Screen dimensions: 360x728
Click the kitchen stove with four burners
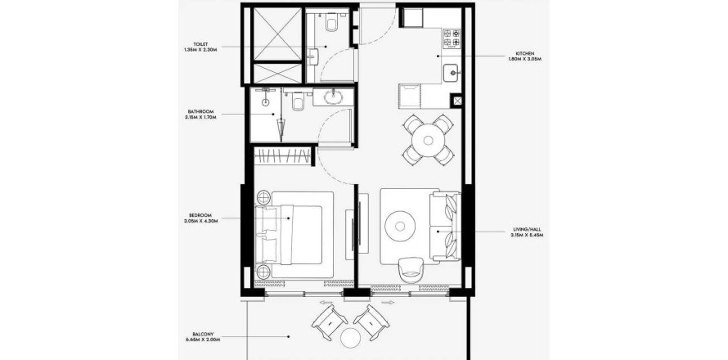coord(453,37)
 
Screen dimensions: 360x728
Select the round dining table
coord(428,139)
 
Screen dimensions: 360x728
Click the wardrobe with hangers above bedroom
coord(283,156)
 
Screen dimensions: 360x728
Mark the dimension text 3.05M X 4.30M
coord(200,223)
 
